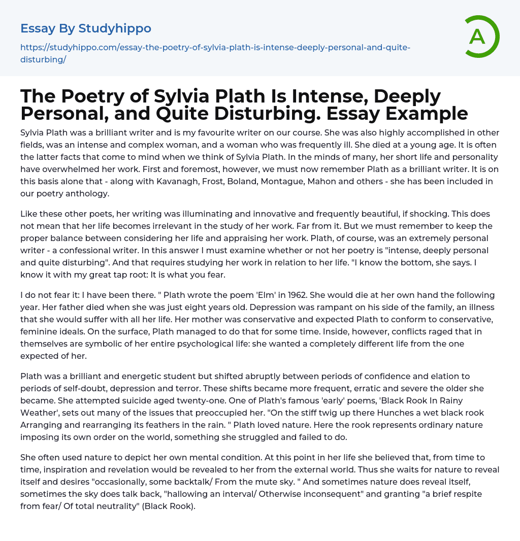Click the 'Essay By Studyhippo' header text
[86, 28]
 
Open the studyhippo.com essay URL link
[215, 48]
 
